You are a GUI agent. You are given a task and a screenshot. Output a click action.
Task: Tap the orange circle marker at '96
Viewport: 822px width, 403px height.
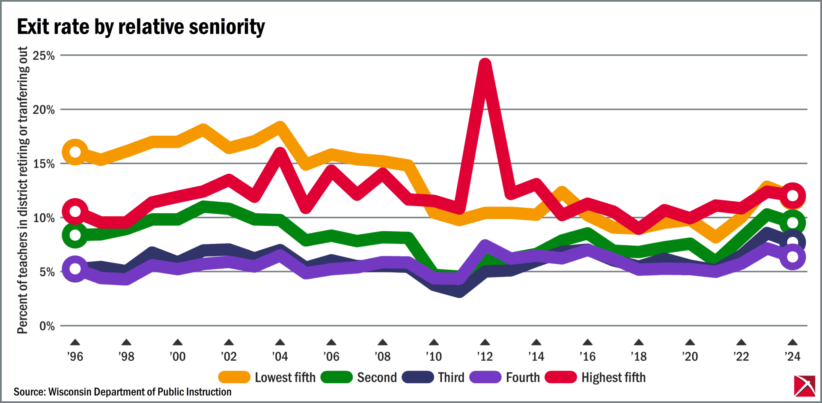coord(75,152)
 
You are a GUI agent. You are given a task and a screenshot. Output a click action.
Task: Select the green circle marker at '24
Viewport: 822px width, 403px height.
coord(792,223)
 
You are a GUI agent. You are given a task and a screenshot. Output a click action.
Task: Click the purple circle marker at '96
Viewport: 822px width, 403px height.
coord(75,269)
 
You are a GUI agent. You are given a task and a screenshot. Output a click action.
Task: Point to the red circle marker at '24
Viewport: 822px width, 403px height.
coord(792,196)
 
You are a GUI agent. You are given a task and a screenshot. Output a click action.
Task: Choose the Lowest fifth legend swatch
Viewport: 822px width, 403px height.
coord(234,377)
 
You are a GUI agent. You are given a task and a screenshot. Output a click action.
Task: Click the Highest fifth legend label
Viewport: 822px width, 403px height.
coord(613,377)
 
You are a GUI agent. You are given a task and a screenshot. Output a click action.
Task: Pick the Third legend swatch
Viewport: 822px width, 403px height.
coord(418,377)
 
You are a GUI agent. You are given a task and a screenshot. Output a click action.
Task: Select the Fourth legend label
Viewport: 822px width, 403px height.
coord(523,377)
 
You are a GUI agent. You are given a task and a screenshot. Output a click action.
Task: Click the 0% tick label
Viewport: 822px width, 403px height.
coord(47,326)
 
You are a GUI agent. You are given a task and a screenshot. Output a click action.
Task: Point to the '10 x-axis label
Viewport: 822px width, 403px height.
coord(434,356)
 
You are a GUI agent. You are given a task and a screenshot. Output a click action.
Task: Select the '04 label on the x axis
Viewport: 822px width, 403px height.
coord(280,356)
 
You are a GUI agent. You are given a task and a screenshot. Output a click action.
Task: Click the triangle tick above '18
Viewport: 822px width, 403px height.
coord(639,342)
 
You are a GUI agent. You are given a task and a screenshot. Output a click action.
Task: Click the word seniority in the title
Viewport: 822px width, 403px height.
coord(227,27)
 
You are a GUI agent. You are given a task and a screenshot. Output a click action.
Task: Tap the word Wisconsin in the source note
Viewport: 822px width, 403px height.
coord(70,392)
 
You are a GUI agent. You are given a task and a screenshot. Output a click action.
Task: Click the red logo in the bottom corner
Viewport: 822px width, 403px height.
coord(804,386)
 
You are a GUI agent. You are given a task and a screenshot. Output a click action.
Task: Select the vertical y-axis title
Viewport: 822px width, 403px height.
coord(23,190)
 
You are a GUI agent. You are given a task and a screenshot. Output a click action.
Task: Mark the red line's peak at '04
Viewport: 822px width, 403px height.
coord(280,153)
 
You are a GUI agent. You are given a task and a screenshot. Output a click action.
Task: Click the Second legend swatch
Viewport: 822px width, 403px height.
coord(337,377)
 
